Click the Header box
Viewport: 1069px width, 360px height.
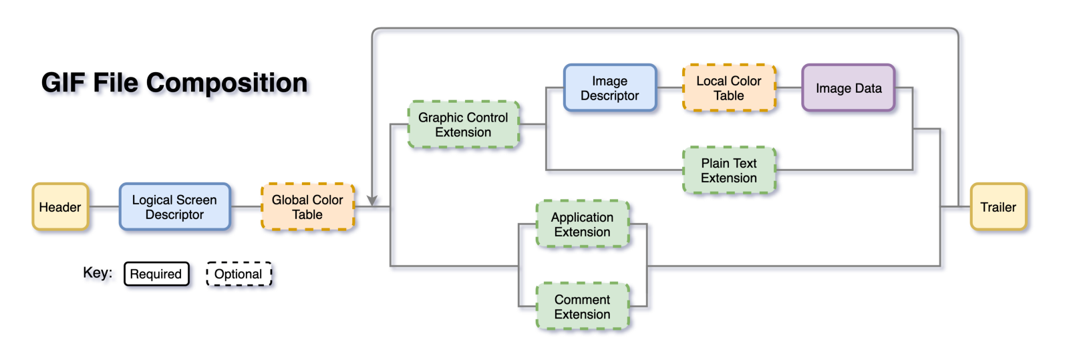pyautogui.click(x=60, y=207)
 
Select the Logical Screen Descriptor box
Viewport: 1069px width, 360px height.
pyautogui.click(x=174, y=207)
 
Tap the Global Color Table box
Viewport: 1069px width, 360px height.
pyautogui.click(x=307, y=207)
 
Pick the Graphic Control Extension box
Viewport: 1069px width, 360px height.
pyautogui.click(x=463, y=125)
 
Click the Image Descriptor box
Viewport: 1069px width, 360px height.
pyautogui.click(x=609, y=88)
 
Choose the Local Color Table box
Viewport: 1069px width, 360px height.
pyautogui.click(x=728, y=88)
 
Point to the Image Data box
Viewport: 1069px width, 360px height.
pyautogui.click(x=848, y=88)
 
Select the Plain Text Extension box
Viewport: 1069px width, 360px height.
pyautogui.click(x=728, y=170)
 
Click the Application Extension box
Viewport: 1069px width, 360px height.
pyautogui.click(x=582, y=224)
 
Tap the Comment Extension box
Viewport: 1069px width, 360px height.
pyautogui.click(x=582, y=307)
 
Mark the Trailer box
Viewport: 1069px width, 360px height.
pyautogui.click(x=998, y=207)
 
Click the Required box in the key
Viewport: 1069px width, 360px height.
pyautogui.click(x=156, y=274)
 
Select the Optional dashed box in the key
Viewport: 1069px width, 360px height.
pyautogui.click(x=239, y=274)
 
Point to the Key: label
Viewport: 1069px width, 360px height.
pyautogui.click(x=98, y=273)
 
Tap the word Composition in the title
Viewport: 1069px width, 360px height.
pyautogui.click(x=227, y=83)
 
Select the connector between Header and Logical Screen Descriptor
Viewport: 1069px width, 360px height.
pyautogui.click(x=104, y=207)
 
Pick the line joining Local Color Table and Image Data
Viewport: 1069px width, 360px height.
pyautogui.click(x=788, y=88)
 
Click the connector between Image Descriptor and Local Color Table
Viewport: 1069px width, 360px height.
pyautogui.click(x=669, y=88)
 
